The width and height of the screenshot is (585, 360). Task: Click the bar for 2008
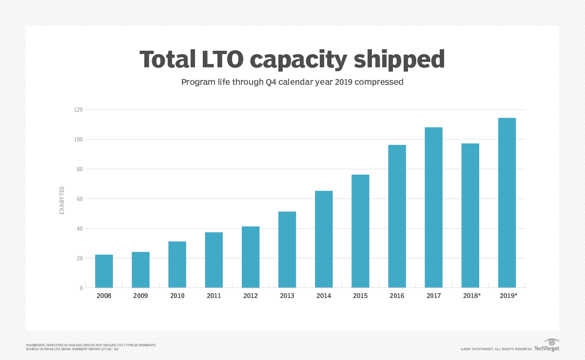104,271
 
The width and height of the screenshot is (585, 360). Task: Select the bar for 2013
287,250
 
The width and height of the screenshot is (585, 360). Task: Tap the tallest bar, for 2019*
507,203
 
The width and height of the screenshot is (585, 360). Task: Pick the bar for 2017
433,207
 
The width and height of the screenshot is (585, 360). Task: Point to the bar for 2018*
470,216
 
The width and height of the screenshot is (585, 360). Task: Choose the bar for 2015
360,231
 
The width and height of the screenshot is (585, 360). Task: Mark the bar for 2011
214,260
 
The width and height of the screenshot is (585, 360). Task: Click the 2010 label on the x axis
177,296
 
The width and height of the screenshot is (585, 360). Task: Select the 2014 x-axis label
324,296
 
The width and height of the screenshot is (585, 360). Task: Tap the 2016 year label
397,296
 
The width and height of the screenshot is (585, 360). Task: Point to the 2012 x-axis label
251,296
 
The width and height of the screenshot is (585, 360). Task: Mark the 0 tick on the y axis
81,288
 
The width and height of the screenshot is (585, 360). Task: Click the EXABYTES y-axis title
62,200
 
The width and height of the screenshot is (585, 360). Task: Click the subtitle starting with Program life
292,82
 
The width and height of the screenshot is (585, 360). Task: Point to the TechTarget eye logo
551,342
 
